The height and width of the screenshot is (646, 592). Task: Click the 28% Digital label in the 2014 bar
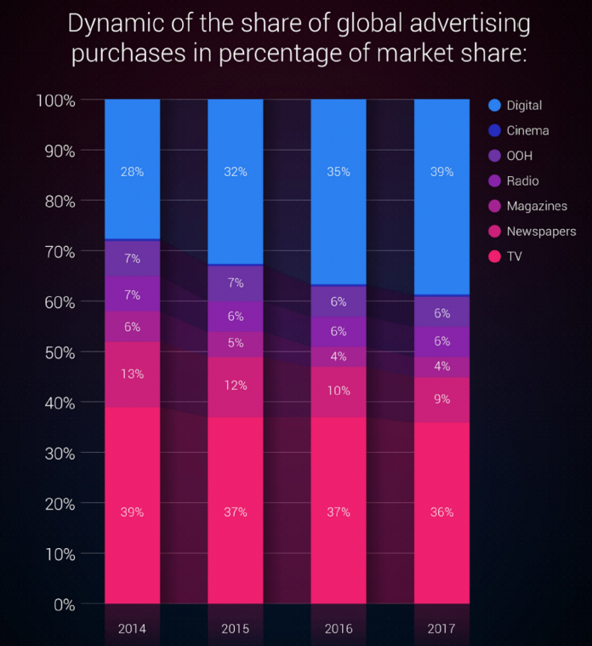[x=133, y=172]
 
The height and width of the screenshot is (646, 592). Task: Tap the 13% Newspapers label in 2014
[x=133, y=373]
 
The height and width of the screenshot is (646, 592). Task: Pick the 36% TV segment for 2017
[x=441, y=512]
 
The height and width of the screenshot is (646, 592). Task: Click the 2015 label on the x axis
[x=236, y=629]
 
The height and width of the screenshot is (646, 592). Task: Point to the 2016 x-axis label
[x=339, y=629]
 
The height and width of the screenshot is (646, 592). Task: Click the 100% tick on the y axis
[x=56, y=101]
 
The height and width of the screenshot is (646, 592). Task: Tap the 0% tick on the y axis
[x=63, y=605]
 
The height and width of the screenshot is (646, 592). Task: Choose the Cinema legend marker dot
[x=494, y=131]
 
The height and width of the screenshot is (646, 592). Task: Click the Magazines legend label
[x=536, y=206]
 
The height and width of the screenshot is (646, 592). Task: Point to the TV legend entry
[x=514, y=256]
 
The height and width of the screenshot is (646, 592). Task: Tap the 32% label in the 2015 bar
[x=236, y=172]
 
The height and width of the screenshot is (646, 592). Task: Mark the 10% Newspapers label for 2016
[x=339, y=390]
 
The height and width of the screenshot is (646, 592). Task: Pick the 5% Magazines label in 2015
[x=236, y=344]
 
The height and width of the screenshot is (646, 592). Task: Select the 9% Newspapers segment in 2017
[x=441, y=398]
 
